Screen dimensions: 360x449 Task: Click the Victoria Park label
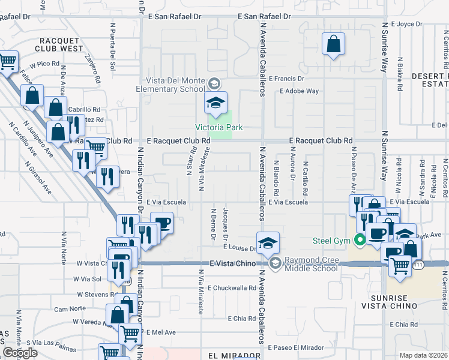coord(218,127)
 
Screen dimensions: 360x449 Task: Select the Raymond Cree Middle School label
coord(311,264)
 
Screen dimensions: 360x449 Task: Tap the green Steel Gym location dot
coord(360,241)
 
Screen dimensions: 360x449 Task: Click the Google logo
coord(20,352)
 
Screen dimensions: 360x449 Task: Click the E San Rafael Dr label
coord(264,17)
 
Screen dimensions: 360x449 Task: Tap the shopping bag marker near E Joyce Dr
coord(333,44)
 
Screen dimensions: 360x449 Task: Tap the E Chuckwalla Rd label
coord(232,288)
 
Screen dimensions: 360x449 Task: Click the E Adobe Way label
coord(299,91)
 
